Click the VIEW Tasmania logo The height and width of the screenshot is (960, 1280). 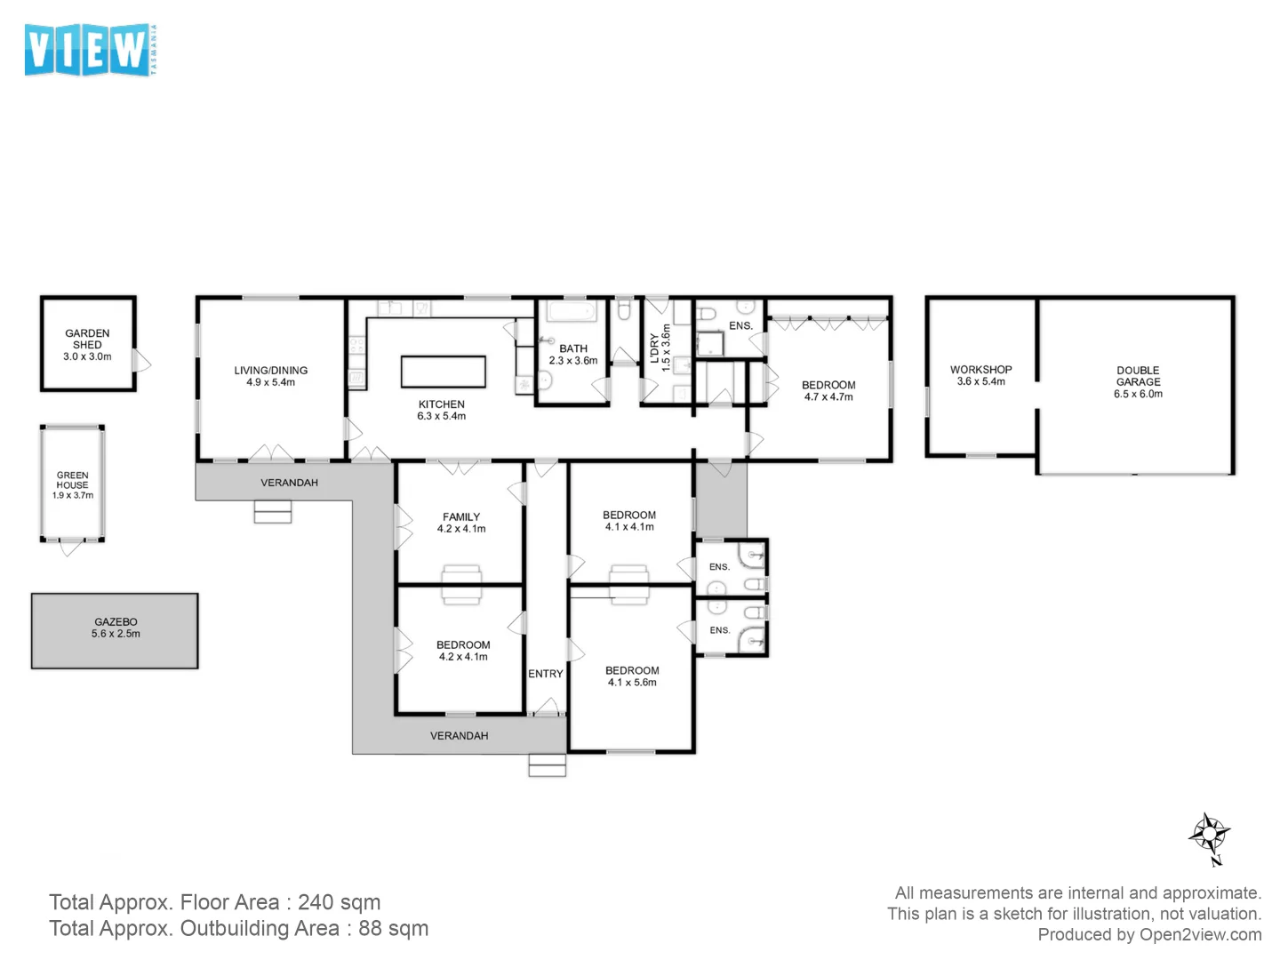pyautogui.click(x=91, y=50)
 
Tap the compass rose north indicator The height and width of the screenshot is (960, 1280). pyautogui.click(x=1210, y=837)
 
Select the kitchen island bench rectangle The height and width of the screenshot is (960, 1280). pyautogui.click(x=444, y=372)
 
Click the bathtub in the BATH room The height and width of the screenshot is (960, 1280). pyautogui.click(x=572, y=311)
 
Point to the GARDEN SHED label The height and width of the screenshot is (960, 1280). pyautogui.click(x=87, y=340)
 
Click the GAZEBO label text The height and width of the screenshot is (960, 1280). pyautogui.click(x=116, y=622)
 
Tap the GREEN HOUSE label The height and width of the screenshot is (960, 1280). pyautogui.click(x=73, y=480)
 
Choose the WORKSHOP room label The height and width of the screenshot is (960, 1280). pyautogui.click(x=980, y=370)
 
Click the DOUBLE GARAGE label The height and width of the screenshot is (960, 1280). pyautogui.click(x=1139, y=376)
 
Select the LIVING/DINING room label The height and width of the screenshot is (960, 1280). pyautogui.click(x=271, y=370)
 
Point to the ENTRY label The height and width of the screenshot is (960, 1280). pyautogui.click(x=546, y=674)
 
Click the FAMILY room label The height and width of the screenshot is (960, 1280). pyautogui.click(x=461, y=516)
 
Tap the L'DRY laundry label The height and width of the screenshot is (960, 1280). pyautogui.click(x=654, y=348)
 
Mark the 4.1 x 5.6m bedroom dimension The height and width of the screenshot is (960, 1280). pyautogui.click(x=632, y=682)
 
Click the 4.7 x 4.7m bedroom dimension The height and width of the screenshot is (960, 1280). pyautogui.click(x=828, y=397)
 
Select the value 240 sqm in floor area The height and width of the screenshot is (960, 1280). pyautogui.click(x=340, y=901)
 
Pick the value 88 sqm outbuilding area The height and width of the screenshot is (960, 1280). pyautogui.click(x=394, y=928)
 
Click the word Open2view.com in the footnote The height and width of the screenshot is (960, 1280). pyautogui.click(x=1200, y=934)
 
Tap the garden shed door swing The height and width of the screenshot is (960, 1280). pyautogui.click(x=141, y=361)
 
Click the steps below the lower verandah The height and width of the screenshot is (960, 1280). pyautogui.click(x=547, y=765)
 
